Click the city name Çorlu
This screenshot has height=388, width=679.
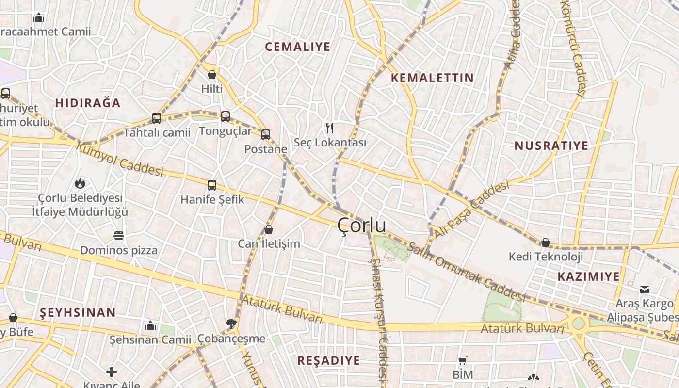(362, 226)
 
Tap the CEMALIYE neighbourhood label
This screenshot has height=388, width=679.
(298, 47)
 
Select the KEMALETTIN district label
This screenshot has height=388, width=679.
(432, 78)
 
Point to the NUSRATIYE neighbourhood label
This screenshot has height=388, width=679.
(551, 145)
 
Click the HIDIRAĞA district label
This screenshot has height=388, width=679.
(87, 103)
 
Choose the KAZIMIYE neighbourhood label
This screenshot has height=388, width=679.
(588, 276)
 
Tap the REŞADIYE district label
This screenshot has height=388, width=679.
(328, 360)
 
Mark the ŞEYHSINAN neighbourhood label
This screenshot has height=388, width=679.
(78, 312)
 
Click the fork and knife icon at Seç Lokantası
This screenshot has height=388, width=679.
(330, 128)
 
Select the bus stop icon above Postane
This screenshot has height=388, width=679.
(266, 135)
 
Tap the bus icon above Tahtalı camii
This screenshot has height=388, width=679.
(157, 118)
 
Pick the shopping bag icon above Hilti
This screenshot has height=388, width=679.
(212, 75)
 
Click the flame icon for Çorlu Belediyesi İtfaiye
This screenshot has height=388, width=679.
(80, 184)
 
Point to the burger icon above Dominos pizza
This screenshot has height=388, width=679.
(119, 236)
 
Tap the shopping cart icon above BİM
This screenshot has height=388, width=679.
(462, 360)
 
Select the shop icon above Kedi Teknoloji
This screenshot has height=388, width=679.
(546, 242)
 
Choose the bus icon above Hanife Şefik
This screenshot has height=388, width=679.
(212, 185)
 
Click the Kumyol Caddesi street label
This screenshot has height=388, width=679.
(120, 160)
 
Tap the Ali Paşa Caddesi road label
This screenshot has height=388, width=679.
(471, 210)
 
